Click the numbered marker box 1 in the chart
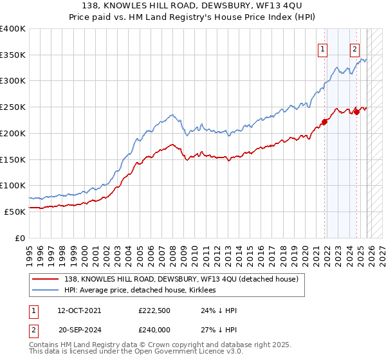[322, 47]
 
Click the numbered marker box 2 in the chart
[354, 47]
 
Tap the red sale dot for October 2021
[325, 122]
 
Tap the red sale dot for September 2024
[356, 112]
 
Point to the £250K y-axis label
[13, 107]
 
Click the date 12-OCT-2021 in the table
[79, 310]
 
